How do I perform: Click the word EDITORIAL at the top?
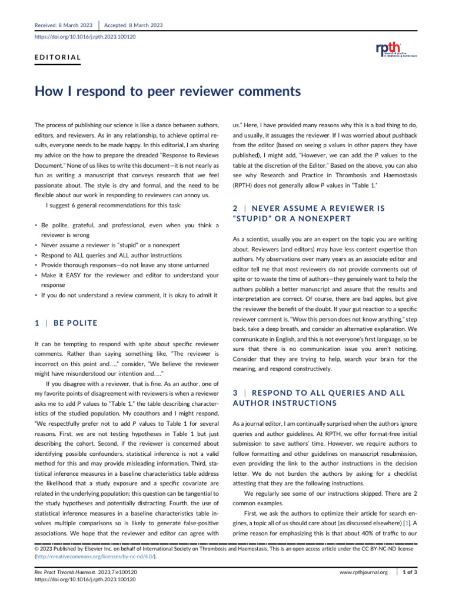point(58,58)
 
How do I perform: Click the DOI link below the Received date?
point(85,37)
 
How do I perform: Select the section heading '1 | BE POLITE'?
point(64,323)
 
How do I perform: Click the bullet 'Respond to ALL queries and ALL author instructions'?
point(115,255)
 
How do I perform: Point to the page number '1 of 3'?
point(408,572)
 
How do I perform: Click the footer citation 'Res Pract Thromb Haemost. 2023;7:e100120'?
point(86,572)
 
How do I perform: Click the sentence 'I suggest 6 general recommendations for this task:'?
point(114,206)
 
